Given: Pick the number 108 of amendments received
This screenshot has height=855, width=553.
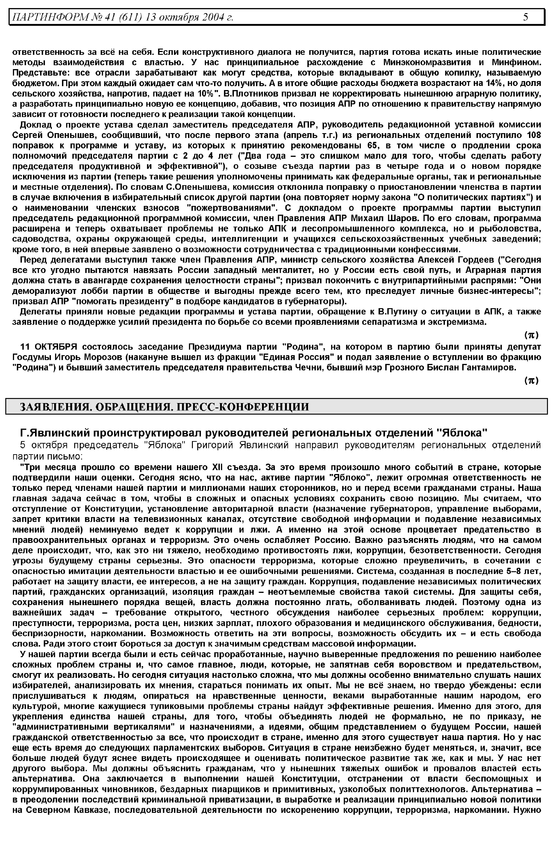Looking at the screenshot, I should [534, 135].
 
